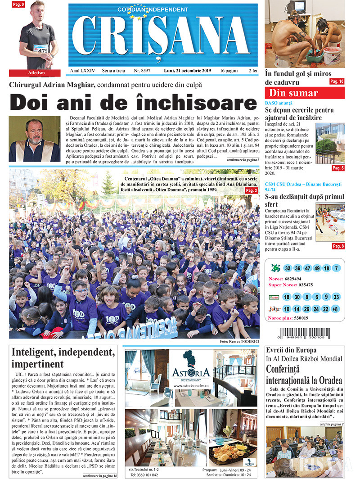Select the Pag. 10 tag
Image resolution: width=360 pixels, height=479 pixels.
[337, 81]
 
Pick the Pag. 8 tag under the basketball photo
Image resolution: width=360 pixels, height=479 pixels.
[338, 246]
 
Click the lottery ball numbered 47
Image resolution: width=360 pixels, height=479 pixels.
[308, 268]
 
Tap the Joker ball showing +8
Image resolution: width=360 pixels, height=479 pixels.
[335, 309]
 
